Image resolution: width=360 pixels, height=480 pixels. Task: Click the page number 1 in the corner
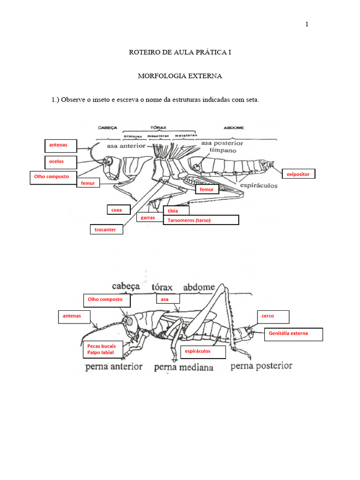[307, 24]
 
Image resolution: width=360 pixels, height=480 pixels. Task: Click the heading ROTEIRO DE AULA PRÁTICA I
[180, 52]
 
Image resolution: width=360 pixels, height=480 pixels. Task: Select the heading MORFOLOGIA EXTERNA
[180, 75]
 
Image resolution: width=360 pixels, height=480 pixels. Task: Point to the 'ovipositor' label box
[298, 174]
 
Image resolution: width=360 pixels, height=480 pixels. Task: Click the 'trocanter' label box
[106, 230]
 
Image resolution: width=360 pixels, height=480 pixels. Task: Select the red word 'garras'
[148, 217]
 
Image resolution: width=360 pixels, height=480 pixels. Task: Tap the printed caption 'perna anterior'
[114, 367]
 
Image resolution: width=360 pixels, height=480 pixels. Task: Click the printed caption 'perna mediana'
[183, 367]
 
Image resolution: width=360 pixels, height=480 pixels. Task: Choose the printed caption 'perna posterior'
[261, 366]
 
